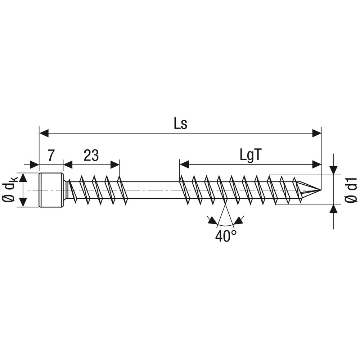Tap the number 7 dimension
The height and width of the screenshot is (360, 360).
coord(51,156)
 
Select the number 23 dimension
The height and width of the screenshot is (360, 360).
coord(91,156)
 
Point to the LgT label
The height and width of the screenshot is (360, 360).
coord(251,156)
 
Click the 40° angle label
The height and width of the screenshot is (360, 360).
coord(226,236)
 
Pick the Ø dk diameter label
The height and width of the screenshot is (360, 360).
coord(10,190)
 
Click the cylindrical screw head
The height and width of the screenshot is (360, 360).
coord(51,190)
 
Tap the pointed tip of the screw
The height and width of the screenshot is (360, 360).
coord(320,190)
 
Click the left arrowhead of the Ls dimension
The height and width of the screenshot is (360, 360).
coord(44,133)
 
